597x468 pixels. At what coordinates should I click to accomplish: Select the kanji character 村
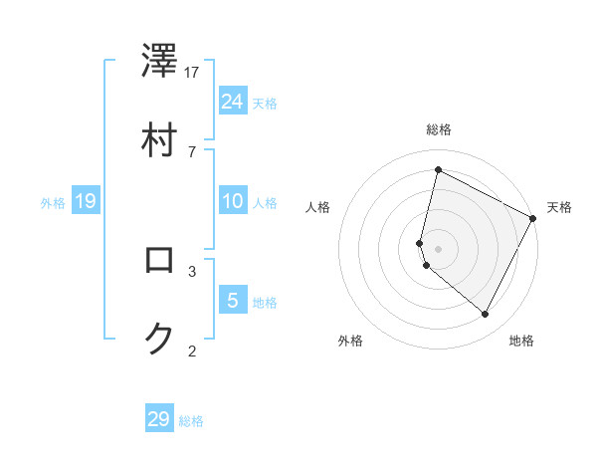point(159,139)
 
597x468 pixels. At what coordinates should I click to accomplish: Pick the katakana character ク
point(159,339)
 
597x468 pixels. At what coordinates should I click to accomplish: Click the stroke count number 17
point(192,72)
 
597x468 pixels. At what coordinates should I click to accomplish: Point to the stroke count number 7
point(192,151)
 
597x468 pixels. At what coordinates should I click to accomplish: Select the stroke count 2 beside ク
point(192,351)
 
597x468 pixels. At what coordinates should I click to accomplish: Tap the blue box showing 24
point(233,101)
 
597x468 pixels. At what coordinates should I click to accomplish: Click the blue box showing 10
point(233,201)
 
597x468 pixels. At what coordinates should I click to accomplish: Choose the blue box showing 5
point(233,300)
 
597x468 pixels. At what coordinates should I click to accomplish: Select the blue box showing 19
point(85,202)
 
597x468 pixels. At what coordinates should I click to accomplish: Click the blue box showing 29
point(159,419)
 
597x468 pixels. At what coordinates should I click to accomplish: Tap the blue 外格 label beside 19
point(53,203)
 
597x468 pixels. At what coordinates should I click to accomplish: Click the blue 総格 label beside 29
point(192,421)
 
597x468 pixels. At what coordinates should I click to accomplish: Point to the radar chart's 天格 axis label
point(559,207)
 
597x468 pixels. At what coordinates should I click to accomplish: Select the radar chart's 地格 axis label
point(521,342)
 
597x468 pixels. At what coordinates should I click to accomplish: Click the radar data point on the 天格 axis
point(533,218)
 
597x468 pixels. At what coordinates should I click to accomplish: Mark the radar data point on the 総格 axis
point(438,170)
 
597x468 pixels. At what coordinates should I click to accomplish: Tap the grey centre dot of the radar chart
point(438,248)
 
